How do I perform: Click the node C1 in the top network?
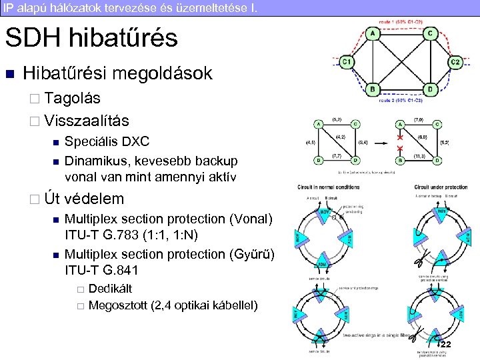tap(347, 61)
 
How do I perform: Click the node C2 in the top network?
tap(455, 61)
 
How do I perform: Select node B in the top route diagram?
tap(373, 89)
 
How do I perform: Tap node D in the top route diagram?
tap(430, 89)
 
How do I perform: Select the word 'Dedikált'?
tap(110, 289)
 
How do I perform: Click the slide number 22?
tap(445, 343)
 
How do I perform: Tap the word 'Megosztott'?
tap(118, 306)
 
